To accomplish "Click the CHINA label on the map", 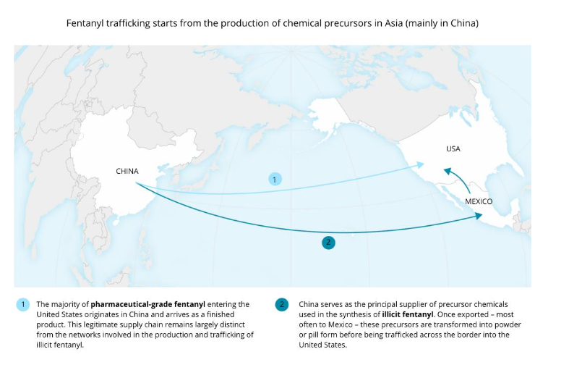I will (127, 171).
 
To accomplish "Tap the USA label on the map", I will (453, 149).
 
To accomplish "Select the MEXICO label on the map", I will (479, 201).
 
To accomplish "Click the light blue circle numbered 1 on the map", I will (274, 178).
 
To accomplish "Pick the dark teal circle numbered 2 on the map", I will (328, 243).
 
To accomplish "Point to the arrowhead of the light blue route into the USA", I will (421, 166).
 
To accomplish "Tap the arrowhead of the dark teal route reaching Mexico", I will (479, 216).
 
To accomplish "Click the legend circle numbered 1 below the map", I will (22, 304).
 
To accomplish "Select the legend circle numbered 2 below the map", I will (281, 304).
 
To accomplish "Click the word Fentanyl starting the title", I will (82, 24).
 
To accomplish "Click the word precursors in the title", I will (343, 24).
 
